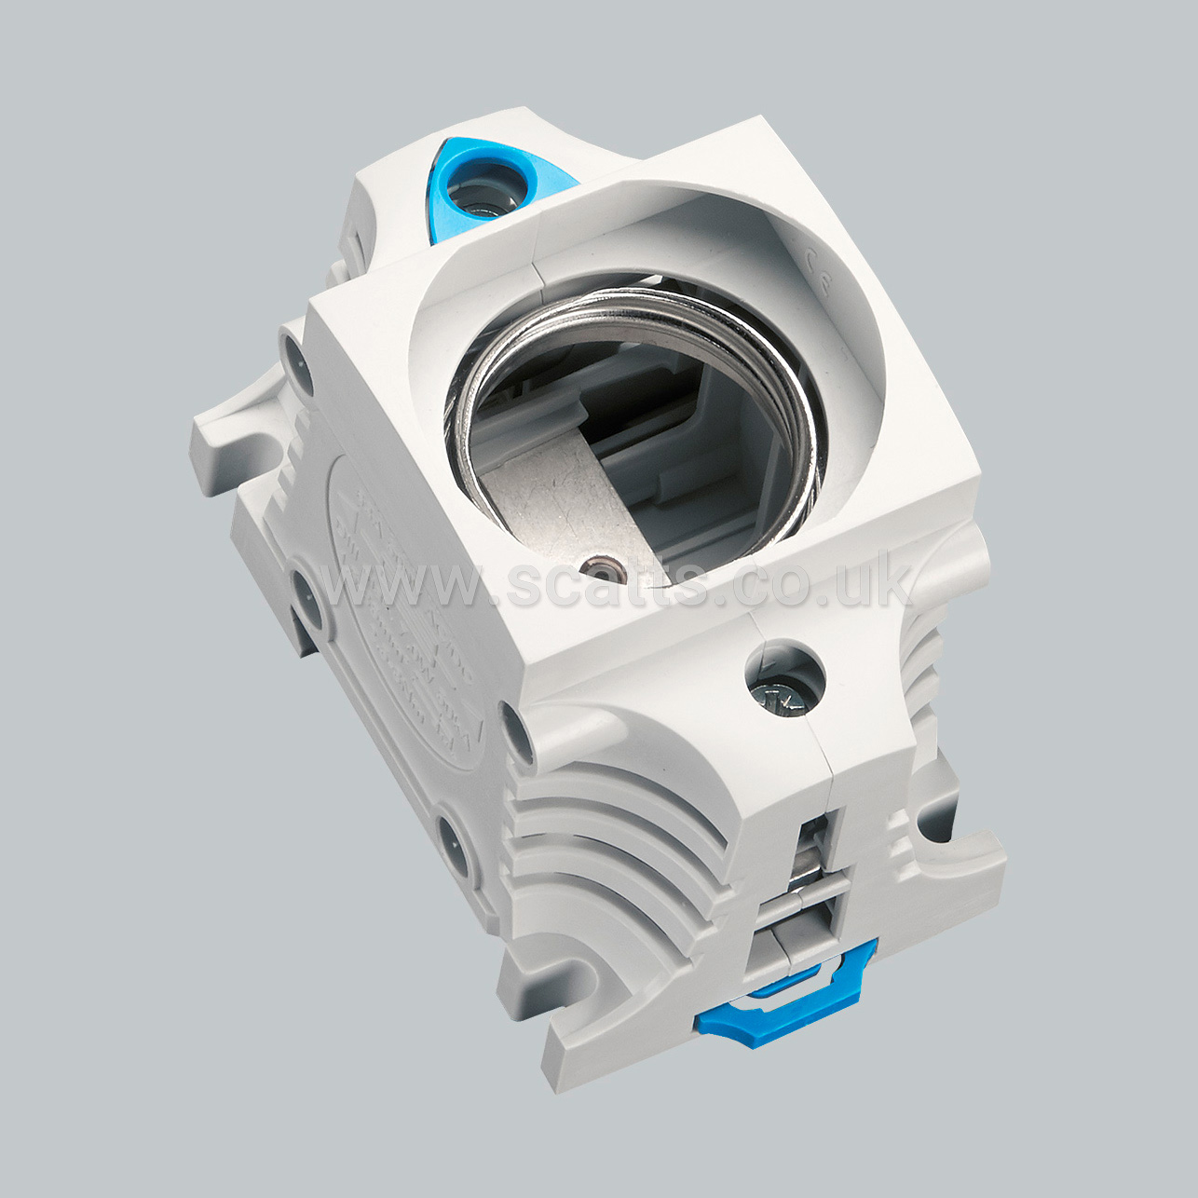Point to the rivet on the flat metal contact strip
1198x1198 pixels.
(x=593, y=565)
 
